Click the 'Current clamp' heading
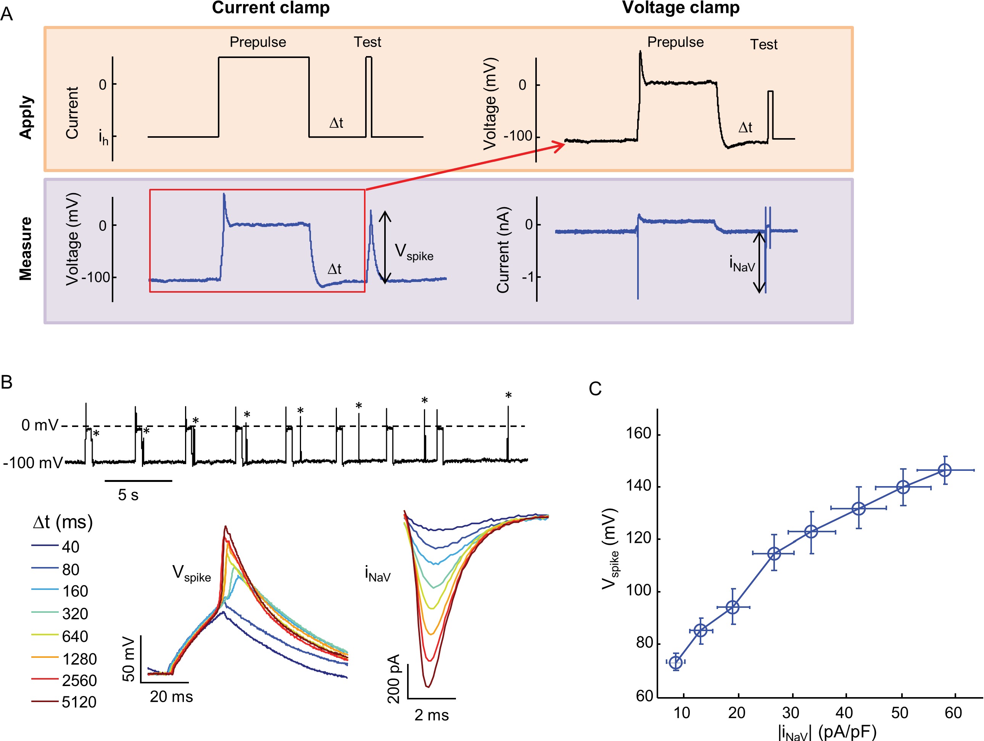pyautogui.click(x=271, y=8)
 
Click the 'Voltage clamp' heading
pyautogui.click(x=681, y=8)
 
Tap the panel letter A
pyautogui.click(x=6, y=14)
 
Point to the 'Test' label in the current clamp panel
pyautogui.click(x=367, y=42)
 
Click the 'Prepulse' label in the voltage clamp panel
pyautogui.click(x=675, y=42)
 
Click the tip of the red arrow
pyautogui.click(x=564, y=143)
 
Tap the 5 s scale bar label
pyautogui.click(x=128, y=495)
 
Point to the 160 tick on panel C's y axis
pyautogui.click(x=639, y=434)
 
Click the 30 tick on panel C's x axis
pyautogui.click(x=791, y=713)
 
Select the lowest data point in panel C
pyautogui.click(x=676, y=662)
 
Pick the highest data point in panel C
pyautogui.click(x=944, y=470)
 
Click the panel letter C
pyautogui.click(x=595, y=389)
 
